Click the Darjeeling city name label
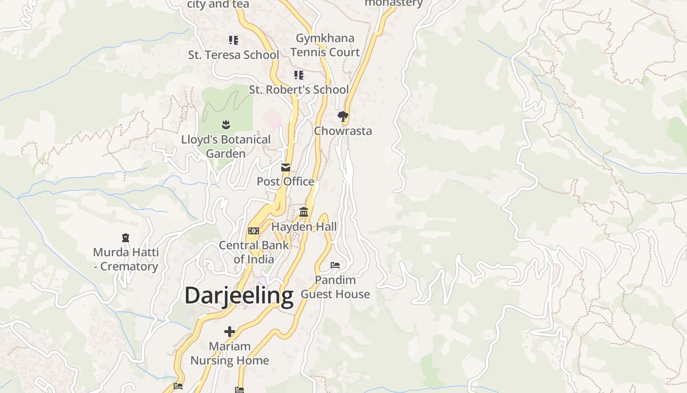pyautogui.click(x=239, y=296)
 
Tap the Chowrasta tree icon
pyautogui.click(x=343, y=116)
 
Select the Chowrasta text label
pyautogui.click(x=343, y=131)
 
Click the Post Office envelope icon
pyautogui.click(x=286, y=168)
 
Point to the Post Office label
pyautogui.click(x=286, y=182)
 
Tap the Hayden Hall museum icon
pyautogui.click(x=304, y=212)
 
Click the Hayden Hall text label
pyautogui.click(x=304, y=226)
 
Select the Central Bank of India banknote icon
pyautogui.click(x=254, y=231)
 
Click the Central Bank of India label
pyautogui.click(x=254, y=252)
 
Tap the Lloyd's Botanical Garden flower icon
pyautogui.click(x=226, y=125)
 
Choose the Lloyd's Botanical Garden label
pyautogui.click(x=226, y=146)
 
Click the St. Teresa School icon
pyautogui.click(x=234, y=40)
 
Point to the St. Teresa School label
pyautogui.click(x=234, y=55)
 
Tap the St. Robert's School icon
pyautogui.click(x=298, y=75)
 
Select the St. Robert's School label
pyautogui.click(x=299, y=90)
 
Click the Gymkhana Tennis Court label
pyautogui.click(x=325, y=45)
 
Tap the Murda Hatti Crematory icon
pyautogui.click(x=126, y=238)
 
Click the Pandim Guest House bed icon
pyautogui.click(x=335, y=265)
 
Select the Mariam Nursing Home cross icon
pyautogui.click(x=230, y=332)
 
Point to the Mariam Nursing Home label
pyautogui.click(x=230, y=353)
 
